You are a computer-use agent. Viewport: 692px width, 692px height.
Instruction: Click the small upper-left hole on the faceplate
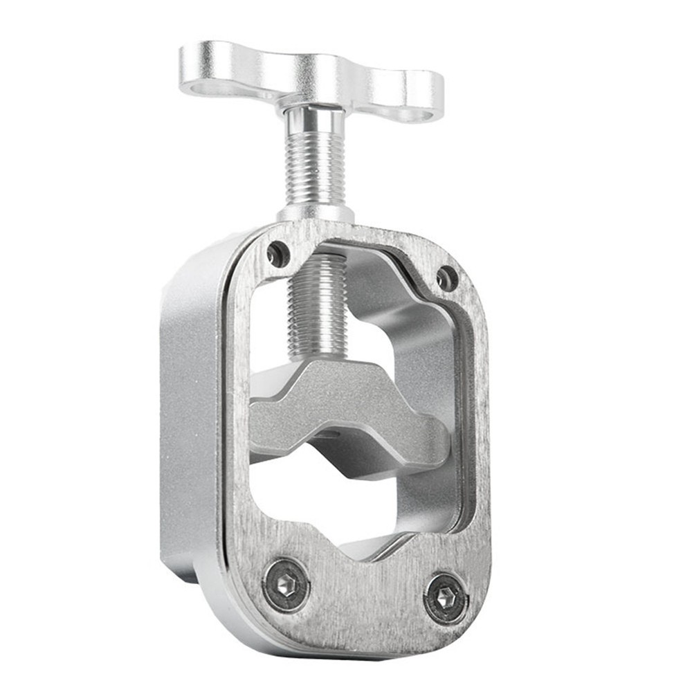(x=278, y=254)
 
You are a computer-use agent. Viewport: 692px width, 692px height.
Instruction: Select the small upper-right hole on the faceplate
(x=447, y=278)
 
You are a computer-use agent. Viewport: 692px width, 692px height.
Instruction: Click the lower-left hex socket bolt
(x=286, y=585)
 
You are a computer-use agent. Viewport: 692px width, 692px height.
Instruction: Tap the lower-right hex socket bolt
(x=446, y=597)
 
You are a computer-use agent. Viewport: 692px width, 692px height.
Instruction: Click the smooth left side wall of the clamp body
(x=187, y=415)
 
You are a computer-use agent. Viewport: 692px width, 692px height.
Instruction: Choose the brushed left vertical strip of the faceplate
(x=235, y=415)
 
